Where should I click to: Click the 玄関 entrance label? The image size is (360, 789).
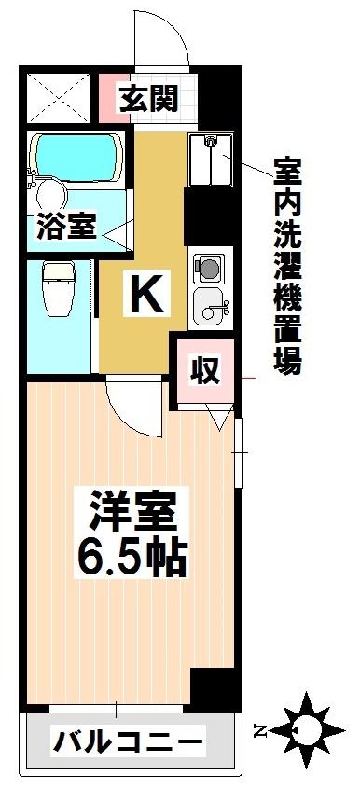click(x=148, y=99)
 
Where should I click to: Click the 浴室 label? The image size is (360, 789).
click(x=65, y=227)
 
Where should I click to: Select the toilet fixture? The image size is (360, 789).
click(x=60, y=288)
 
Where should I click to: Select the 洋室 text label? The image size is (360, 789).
click(x=132, y=510)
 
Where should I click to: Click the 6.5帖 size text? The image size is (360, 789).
click(x=132, y=558)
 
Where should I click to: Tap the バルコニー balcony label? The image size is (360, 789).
click(x=129, y=741)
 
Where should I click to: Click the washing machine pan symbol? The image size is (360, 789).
click(x=211, y=159)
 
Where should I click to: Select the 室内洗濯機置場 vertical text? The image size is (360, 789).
click(x=288, y=266)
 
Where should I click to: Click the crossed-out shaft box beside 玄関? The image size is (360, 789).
click(x=59, y=98)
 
